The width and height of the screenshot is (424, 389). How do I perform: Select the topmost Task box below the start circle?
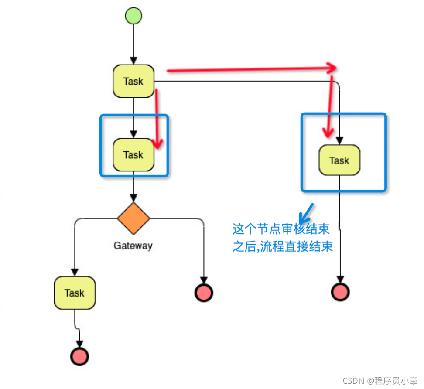(133, 81)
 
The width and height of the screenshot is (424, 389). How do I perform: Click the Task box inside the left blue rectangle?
(133, 155)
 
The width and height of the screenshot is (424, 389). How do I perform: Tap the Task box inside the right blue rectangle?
(339, 160)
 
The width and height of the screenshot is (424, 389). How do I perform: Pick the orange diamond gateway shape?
(133, 218)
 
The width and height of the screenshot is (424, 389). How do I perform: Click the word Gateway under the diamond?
(133, 246)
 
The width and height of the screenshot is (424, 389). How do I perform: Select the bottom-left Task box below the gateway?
(75, 293)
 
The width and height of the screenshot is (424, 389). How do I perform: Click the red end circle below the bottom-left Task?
(79, 356)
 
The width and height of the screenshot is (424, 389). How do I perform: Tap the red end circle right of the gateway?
(203, 292)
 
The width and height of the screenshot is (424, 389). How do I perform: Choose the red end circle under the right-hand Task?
(340, 292)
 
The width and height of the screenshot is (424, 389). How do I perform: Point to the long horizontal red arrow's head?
(333, 68)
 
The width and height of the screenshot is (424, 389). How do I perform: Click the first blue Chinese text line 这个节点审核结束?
(281, 229)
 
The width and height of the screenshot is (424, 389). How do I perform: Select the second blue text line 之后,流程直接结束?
(283, 247)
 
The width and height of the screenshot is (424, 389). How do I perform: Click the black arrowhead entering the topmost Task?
(133, 61)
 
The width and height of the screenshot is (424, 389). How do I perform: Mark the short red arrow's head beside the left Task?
(158, 143)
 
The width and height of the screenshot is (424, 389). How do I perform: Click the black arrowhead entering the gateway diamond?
(133, 198)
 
